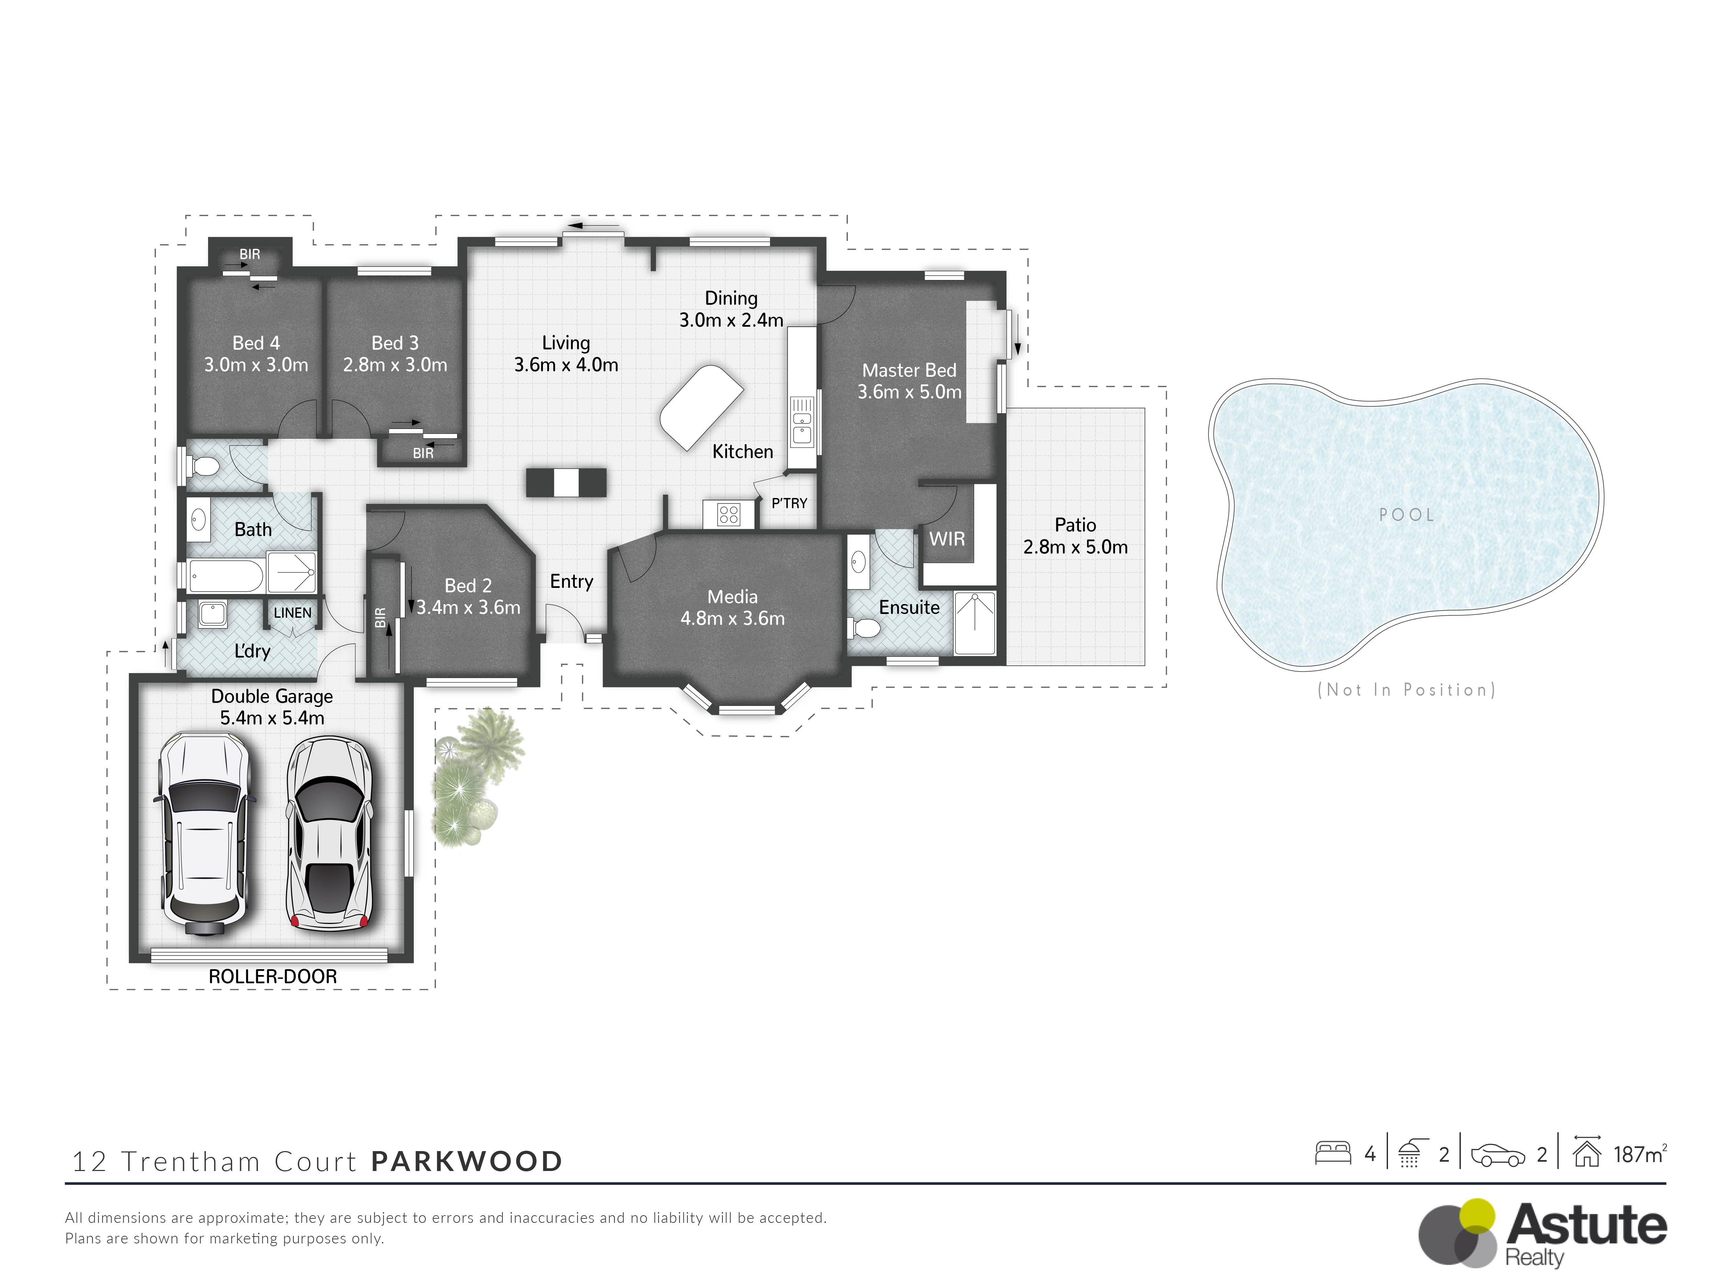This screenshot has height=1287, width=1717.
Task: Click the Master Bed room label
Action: (x=909, y=370)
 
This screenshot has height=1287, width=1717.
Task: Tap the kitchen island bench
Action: (x=701, y=407)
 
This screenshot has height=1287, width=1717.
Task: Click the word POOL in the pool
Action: (x=1407, y=514)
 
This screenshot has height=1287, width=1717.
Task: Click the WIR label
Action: (x=947, y=538)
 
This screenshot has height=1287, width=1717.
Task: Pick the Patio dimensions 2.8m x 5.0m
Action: (x=1075, y=547)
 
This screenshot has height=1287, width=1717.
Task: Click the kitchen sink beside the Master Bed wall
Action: (x=802, y=421)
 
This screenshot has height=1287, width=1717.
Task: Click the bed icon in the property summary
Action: (x=1333, y=1153)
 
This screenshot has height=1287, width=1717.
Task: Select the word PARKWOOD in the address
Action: (x=467, y=1161)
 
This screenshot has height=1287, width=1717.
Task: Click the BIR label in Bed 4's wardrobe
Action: (x=250, y=254)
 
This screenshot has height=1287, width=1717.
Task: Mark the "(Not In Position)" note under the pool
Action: (x=1407, y=689)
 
